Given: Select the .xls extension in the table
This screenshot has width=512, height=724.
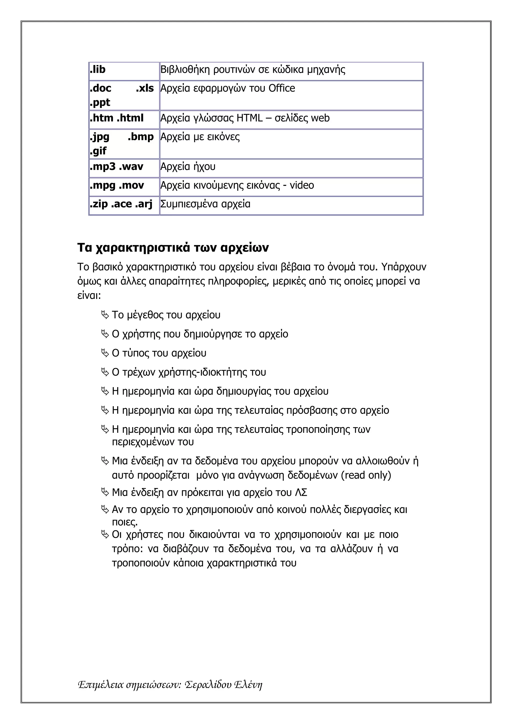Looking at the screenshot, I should pos(145,88).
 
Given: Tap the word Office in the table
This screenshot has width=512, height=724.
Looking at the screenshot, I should pos(281,88).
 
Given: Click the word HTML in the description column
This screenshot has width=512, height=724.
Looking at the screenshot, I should pos(249,118).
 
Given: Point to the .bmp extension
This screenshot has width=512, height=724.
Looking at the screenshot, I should pos(141,137).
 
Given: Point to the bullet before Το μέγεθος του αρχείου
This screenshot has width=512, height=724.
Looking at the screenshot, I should pos(105,315).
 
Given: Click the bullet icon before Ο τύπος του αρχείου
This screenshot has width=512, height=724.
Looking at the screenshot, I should pos(105,353).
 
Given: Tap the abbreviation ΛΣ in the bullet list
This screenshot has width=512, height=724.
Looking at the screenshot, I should pos(301,492).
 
